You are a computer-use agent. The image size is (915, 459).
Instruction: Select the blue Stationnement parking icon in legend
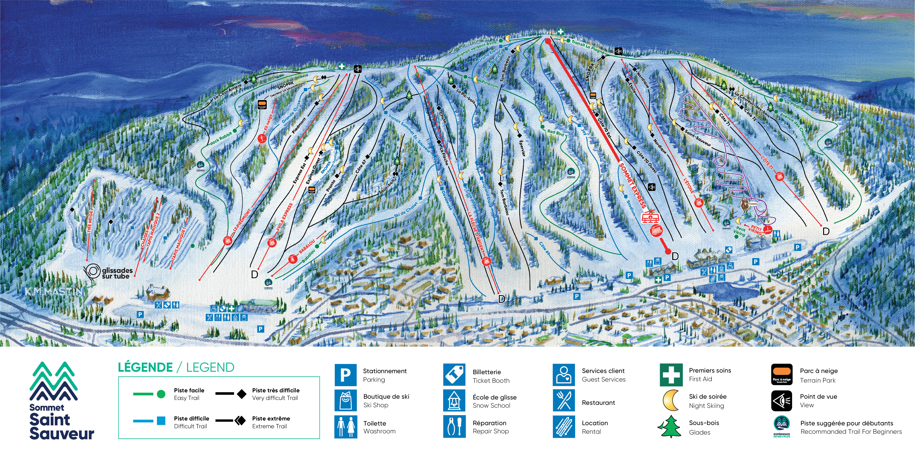(345, 375)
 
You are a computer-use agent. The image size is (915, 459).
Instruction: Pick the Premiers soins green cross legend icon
(671, 375)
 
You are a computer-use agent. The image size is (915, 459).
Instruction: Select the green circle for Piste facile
(161, 394)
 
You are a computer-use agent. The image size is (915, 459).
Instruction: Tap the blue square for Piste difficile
(161, 421)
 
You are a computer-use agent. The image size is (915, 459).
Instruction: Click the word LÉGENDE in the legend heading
(145, 367)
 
